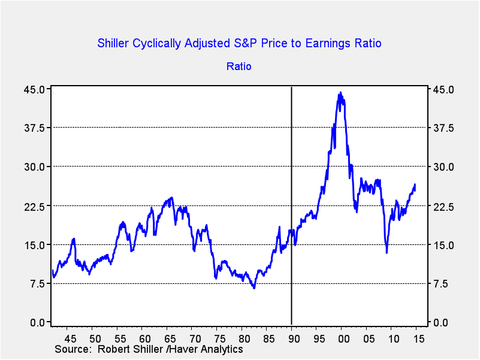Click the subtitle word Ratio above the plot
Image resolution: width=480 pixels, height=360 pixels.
point(239,66)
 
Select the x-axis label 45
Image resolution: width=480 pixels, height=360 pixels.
point(69,338)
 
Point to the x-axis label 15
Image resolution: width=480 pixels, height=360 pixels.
point(419,338)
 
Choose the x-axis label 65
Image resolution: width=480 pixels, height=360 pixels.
point(168,338)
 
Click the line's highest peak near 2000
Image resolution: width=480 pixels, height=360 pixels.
point(340,93)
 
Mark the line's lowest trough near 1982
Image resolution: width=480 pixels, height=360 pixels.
point(254,288)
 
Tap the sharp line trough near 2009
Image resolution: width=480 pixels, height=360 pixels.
point(387,252)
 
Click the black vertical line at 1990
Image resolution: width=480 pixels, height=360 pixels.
point(291,180)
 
